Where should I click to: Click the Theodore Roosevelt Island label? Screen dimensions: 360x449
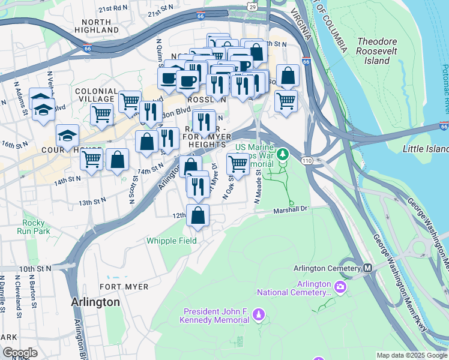[x=382, y=51]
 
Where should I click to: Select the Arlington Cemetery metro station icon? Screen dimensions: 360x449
[x=367, y=268]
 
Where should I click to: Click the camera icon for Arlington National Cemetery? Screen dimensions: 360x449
[x=340, y=287]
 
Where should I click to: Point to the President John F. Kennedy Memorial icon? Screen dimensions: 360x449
[x=259, y=313]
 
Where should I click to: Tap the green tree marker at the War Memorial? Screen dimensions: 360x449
[x=282, y=154]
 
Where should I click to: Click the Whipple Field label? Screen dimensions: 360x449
[x=172, y=241]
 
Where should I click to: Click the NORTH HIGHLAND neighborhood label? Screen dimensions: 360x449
[x=97, y=25]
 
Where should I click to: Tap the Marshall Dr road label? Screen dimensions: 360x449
[x=291, y=210]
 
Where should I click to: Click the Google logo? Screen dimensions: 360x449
[x=20, y=353]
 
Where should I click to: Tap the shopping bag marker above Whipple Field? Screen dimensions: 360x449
[x=198, y=215]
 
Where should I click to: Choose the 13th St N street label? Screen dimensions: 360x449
[x=92, y=202]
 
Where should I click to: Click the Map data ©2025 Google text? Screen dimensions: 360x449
[x=411, y=355]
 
